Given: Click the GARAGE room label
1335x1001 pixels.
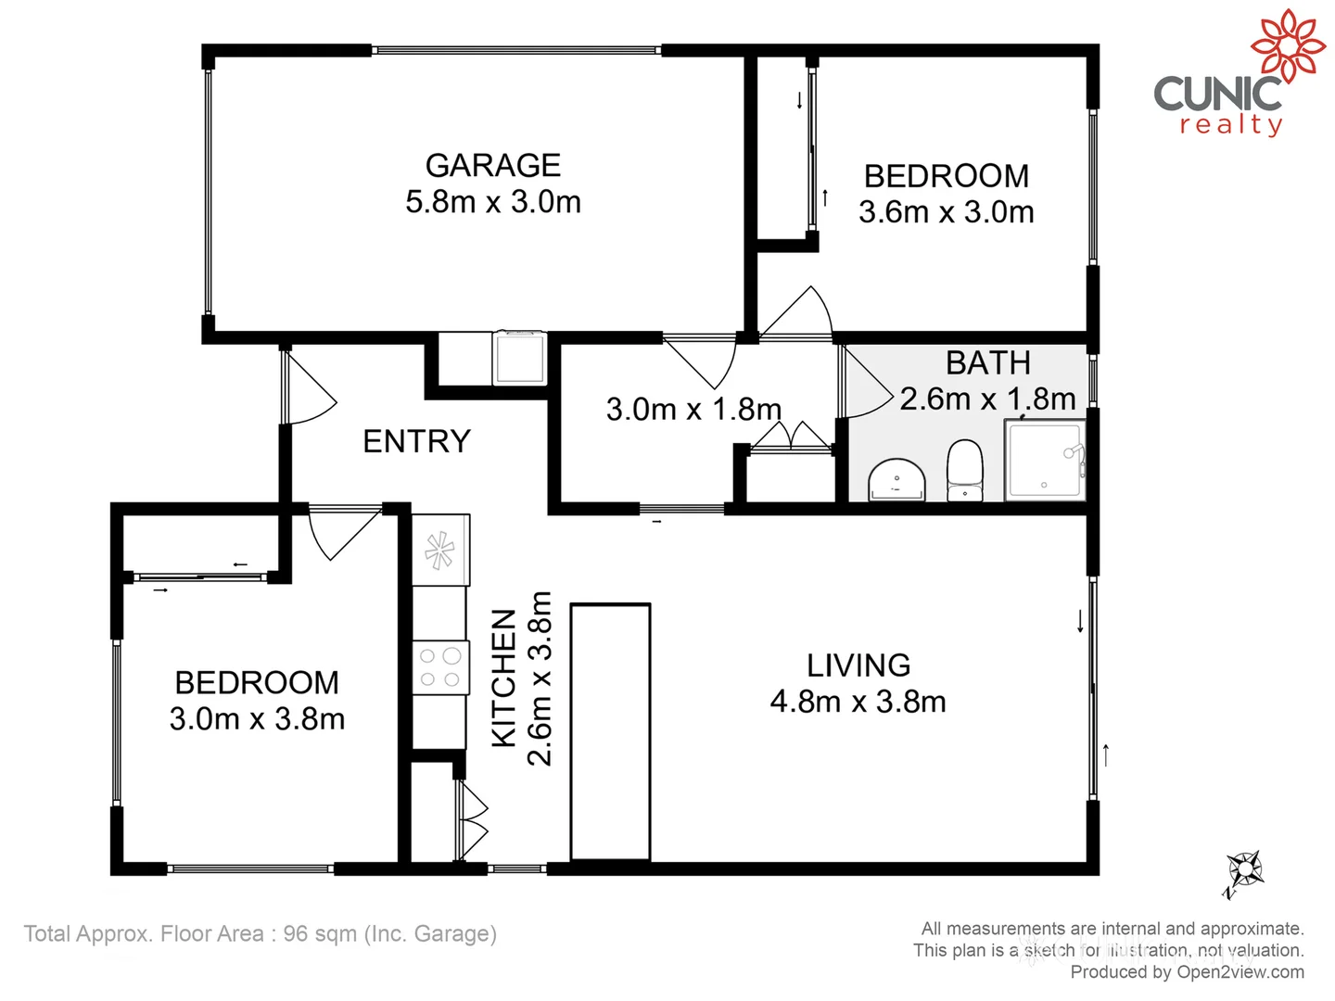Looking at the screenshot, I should click(x=492, y=165).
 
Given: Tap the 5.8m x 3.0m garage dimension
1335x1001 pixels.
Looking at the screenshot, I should click(x=492, y=202).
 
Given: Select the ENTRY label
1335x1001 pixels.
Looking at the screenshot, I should click(x=416, y=441).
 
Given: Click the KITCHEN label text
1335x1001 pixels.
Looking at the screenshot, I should click(x=503, y=678).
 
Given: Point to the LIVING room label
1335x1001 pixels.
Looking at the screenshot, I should click(x=858, y=665).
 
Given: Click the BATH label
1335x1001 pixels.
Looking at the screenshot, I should click(x=987, y=362).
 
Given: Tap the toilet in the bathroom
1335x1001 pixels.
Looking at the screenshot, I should click(x=965, y=470).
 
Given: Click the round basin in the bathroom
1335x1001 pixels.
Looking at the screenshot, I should click(x=896, y=480).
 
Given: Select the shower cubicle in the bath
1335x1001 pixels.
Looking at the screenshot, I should click(x=1044, y=461).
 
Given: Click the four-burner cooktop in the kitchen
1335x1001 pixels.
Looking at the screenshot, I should click(x=439, y=667).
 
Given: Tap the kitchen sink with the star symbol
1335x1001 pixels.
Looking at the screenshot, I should click(x=439, y=551).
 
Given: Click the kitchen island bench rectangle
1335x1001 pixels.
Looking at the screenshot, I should click(x=610, y=732).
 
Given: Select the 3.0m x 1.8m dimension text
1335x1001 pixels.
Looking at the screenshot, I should click(x=693, y=409).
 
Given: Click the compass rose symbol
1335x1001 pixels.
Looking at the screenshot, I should click(x=1244, y=870).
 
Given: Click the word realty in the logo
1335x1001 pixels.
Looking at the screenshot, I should click(x=1231, y=124).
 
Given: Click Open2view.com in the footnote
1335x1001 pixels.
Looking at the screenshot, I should click(x=1240, y=972).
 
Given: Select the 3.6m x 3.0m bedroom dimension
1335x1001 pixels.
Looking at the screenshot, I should click(x=946, y=212).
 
